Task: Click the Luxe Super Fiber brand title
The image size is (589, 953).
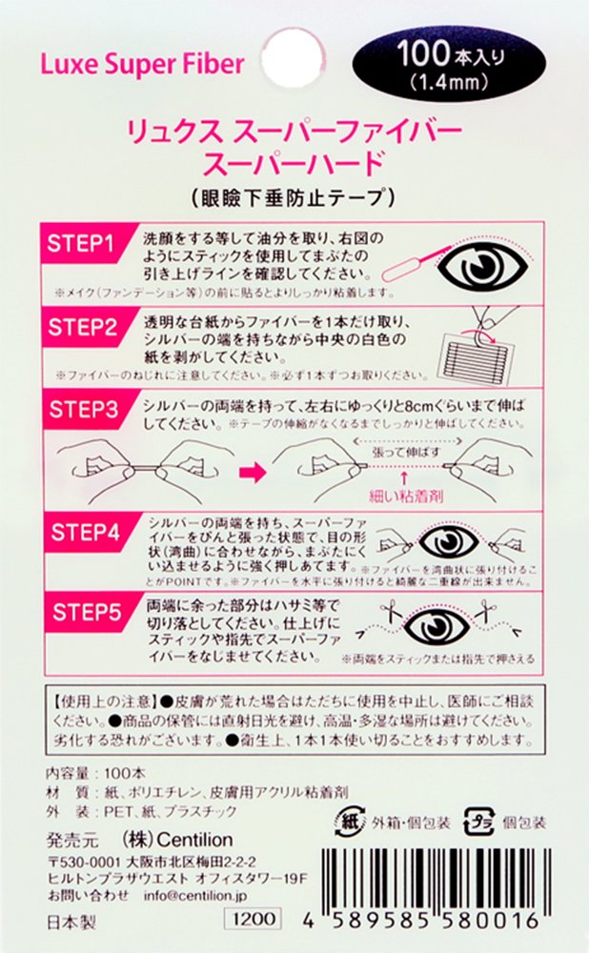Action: click(142, 65)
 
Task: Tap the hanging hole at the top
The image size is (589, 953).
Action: click(293, 58)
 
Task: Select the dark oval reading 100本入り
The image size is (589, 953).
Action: click(449, 63)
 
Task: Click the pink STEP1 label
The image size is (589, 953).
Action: click(81, 244)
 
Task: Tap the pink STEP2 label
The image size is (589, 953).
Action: click(83, 327)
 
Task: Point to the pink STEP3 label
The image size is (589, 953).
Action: click(83, 410)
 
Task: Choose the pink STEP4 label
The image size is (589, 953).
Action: click(85, 533)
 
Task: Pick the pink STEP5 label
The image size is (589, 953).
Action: click(87, 612)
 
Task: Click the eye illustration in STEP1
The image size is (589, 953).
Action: click(483, 265)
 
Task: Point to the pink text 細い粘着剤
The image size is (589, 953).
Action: click(406, 496)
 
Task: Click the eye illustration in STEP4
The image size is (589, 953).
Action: click(449, 542)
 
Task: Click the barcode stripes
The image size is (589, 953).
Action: click(436, 880)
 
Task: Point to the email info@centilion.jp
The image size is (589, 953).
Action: click(195, 896)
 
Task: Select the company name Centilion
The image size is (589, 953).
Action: click(194, 840)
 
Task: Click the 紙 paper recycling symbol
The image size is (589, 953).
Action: click(350, 822)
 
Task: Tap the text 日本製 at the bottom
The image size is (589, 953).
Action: click(71, 922)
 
